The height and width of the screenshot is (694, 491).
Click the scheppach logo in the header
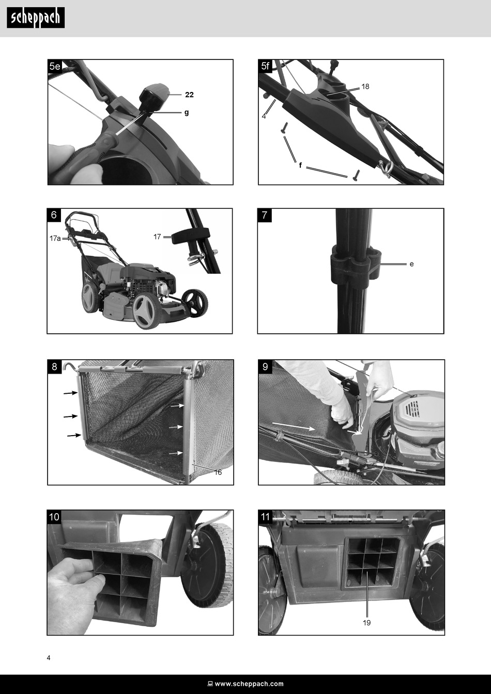tap(36, 18)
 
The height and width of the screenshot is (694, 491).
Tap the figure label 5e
tap(55, 66)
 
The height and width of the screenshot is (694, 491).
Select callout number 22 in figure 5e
tap(189, 95)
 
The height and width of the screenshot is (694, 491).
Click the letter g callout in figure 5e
tap(187, 113)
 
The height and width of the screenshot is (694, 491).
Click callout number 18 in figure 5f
tap(365, 87)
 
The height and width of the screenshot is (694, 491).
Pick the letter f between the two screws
tap(300, 165)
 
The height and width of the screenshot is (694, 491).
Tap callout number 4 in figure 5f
tap(264, 116)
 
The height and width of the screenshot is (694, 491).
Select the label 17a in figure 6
tap(55, 238)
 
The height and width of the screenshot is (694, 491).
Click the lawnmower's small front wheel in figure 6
tap(195, 303)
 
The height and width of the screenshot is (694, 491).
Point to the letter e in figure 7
tap(411, 264)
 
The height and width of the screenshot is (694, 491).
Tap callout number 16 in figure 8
tap(218, 472)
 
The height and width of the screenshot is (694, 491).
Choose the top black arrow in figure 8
tap(71, 393)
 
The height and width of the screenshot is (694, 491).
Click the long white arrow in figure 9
tap(293, 426)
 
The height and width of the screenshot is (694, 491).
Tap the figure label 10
tap(54, 517)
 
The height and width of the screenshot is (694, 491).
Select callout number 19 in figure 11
tap(367, 623)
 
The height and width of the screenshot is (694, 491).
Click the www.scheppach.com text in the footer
tap(249, 684)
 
